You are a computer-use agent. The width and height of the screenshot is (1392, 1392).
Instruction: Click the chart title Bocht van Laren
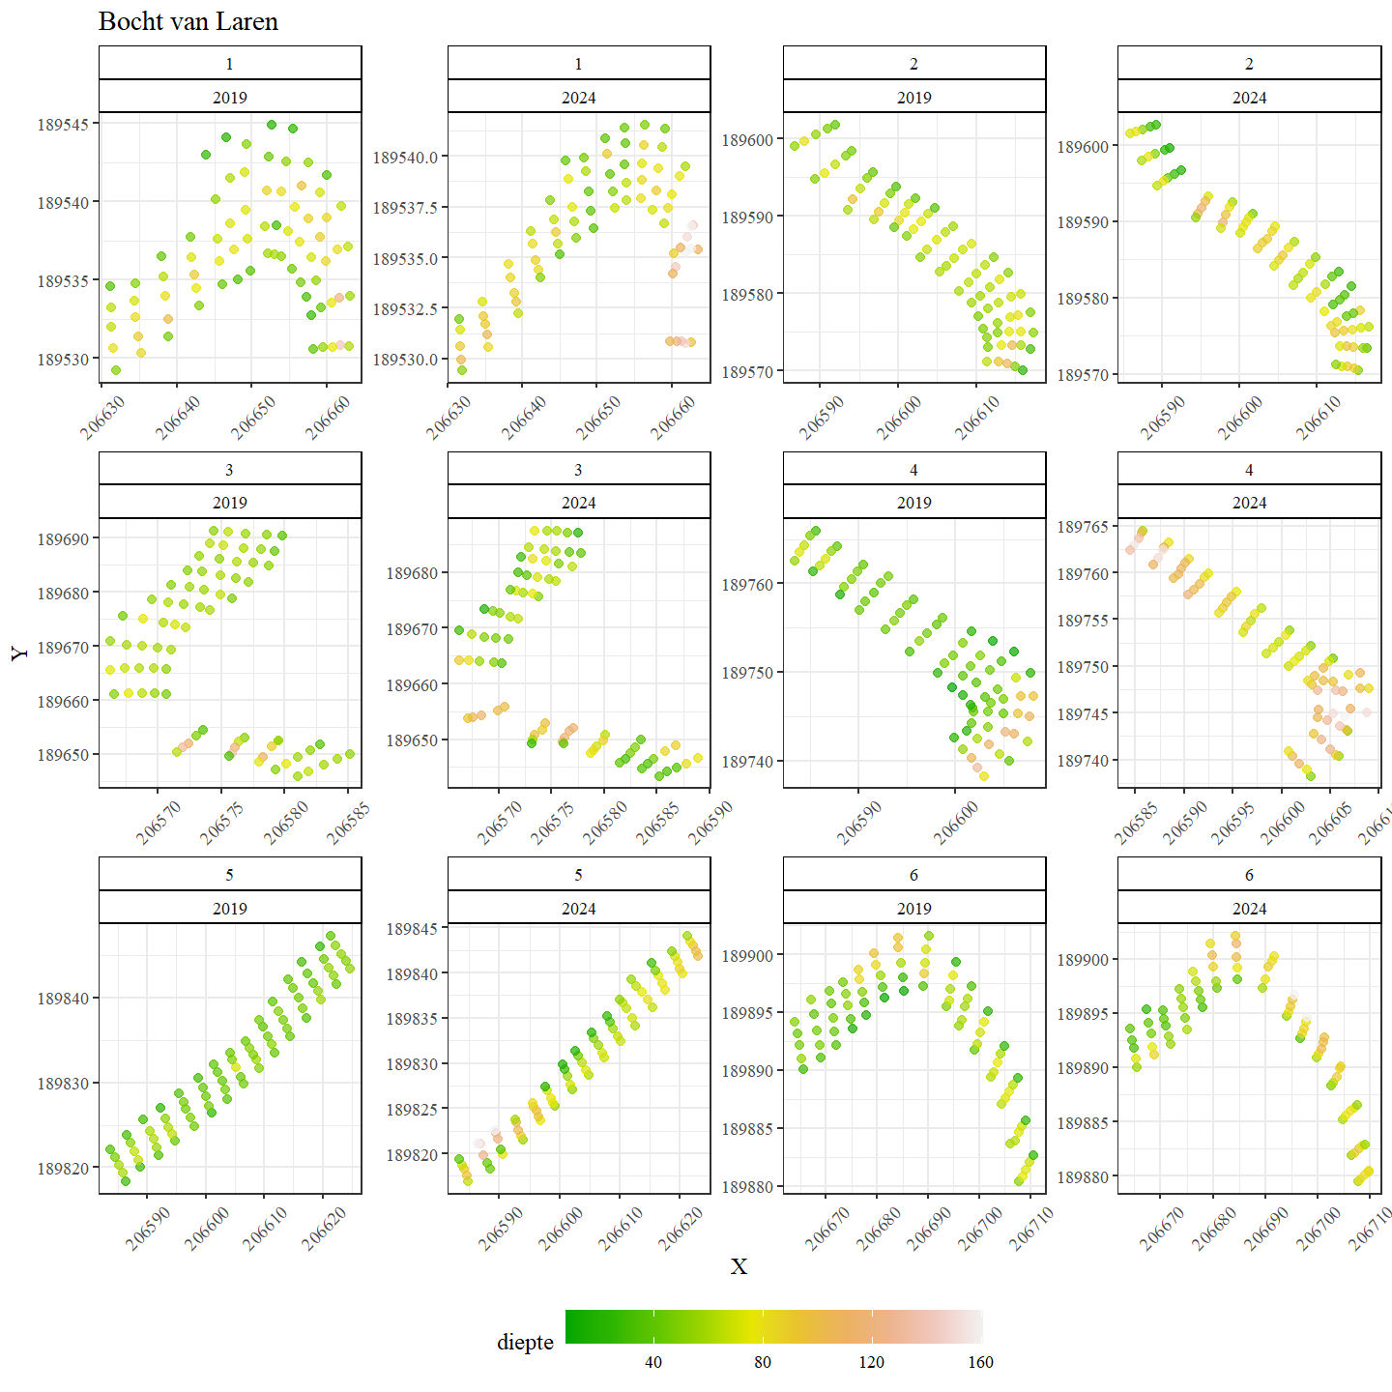coord(188,22)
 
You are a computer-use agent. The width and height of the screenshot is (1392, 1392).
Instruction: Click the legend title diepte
coord(525,1342)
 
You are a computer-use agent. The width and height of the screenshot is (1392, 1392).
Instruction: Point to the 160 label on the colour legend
coord(980,1362)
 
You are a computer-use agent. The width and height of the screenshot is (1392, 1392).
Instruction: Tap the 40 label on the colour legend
coord(653,1362)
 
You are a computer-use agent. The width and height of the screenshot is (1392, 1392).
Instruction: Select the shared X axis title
coord(739,1266)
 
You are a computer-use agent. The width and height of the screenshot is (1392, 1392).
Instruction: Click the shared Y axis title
coord(20,653)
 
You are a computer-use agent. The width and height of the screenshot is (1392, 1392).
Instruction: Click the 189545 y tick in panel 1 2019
coord(64,125)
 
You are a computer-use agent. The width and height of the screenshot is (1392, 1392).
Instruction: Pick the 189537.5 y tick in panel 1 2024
coord(405,208)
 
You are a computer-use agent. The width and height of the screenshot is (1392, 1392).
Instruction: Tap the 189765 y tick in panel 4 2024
coord(1083,527)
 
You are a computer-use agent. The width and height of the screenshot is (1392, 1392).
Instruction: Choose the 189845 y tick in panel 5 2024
coord(412,929)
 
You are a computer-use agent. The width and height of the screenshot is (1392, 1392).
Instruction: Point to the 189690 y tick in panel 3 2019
coord(64,539)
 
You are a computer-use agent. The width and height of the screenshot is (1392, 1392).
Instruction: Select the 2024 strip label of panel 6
coord(1249,909)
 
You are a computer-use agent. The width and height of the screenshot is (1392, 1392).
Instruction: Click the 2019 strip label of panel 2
coord(913,98)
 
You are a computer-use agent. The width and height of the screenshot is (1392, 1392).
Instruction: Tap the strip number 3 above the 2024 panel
coord(578,470)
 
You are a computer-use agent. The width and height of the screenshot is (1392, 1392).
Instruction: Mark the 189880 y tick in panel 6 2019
coord(747,1187)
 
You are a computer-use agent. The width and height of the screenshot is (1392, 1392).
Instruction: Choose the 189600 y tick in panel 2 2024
coord(1083,147)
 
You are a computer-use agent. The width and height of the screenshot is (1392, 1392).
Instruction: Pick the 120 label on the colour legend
coord(871,1362)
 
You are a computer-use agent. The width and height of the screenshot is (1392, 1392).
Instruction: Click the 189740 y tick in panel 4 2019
coord(747,762)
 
